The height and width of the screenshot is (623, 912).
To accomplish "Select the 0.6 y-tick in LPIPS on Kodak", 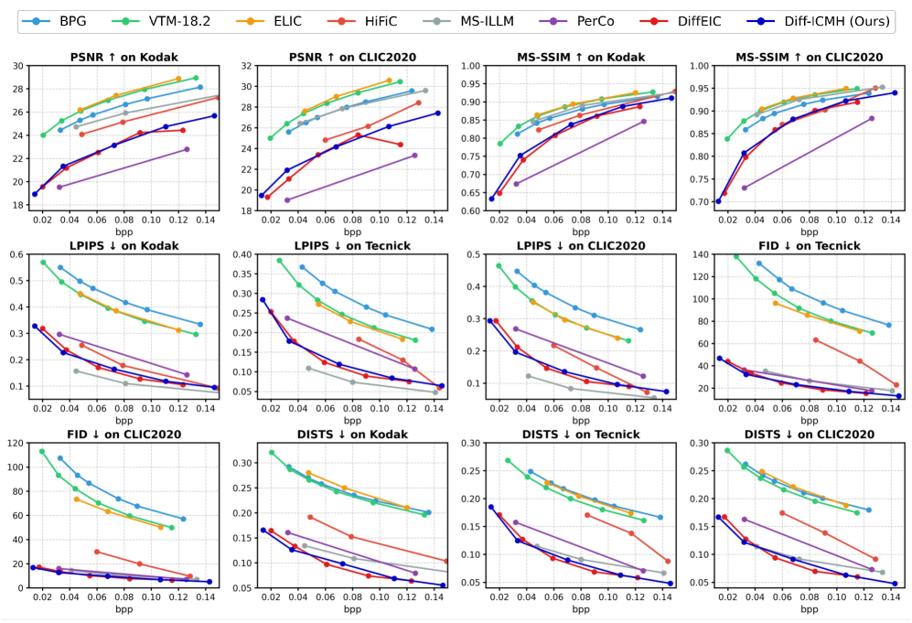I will pos(20,254).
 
